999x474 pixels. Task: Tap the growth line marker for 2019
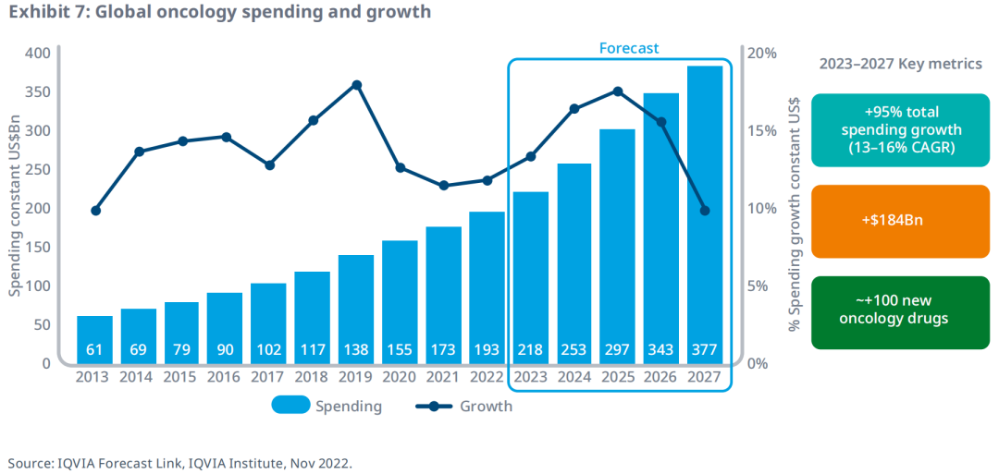coord(356,85)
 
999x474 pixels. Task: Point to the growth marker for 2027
coord(705,211)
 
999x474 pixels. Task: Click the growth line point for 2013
coord(95,211)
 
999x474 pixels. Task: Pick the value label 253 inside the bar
coord(574,350)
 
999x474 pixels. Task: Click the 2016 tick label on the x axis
coord(225,377)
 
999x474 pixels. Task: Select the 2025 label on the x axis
coord(618,377)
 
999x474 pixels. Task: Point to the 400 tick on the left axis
coord(37,53)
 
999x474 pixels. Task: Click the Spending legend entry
coord(327,406)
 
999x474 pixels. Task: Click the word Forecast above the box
coord(629,48)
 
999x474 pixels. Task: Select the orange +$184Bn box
coord(900,221)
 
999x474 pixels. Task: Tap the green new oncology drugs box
coord(900,312)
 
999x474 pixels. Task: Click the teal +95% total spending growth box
coord(900,130)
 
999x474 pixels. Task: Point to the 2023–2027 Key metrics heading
coord(900,64)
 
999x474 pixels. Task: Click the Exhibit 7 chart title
coord(219,13)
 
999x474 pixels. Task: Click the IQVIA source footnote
coord(180,462)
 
